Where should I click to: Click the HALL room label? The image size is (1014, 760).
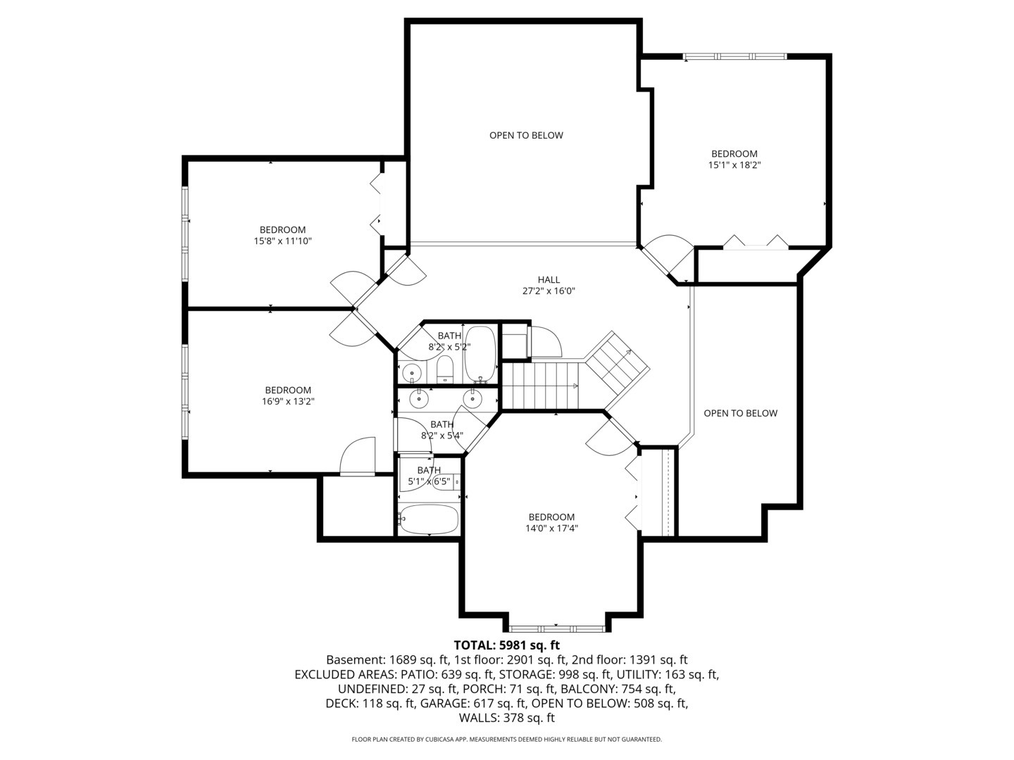tap(549, 280)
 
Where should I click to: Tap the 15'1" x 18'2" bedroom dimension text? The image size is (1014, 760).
tap(734, 165)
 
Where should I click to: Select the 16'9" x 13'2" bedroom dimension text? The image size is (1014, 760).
tap(287, 402)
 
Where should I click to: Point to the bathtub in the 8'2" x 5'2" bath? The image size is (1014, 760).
tap(480, 354)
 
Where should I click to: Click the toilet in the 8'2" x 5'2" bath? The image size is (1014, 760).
tap(444, 369)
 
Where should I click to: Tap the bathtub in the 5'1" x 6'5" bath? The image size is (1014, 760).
tap(429, 520)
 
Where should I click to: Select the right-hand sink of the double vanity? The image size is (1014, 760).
tap(472, 399)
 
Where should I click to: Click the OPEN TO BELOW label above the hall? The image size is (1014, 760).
tap(526, 135)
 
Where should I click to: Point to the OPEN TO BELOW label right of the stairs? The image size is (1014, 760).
tap(740, 413)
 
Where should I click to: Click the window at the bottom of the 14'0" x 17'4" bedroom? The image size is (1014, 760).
tap(556, 628)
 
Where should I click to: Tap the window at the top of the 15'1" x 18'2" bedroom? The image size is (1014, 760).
tap(734, 56)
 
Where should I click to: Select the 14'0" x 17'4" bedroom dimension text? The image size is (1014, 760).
tap(551, 528)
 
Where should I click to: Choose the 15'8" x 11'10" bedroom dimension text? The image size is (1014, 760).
tap(282, 241)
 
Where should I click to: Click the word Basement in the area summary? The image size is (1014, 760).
tap(355, 660)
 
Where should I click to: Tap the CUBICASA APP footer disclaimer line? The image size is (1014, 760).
tap(506, 740)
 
